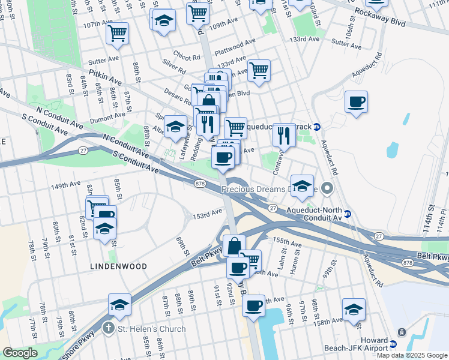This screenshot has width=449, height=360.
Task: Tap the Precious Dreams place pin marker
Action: [x=327, y=190]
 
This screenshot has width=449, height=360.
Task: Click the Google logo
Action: [x=20, y=353]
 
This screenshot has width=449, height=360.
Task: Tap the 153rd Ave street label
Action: [x=208, y=214]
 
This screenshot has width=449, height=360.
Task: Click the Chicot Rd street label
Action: [x=188, y=58]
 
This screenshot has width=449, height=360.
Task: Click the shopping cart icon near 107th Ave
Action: [x=118, y=32]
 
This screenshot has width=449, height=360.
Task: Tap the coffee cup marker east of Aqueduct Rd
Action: [x=357, y=101]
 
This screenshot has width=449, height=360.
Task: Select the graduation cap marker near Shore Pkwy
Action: [x=120, y=305]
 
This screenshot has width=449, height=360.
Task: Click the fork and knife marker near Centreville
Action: [x=283, y=135]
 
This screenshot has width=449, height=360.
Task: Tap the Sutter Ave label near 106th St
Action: [x=347, y=44]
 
